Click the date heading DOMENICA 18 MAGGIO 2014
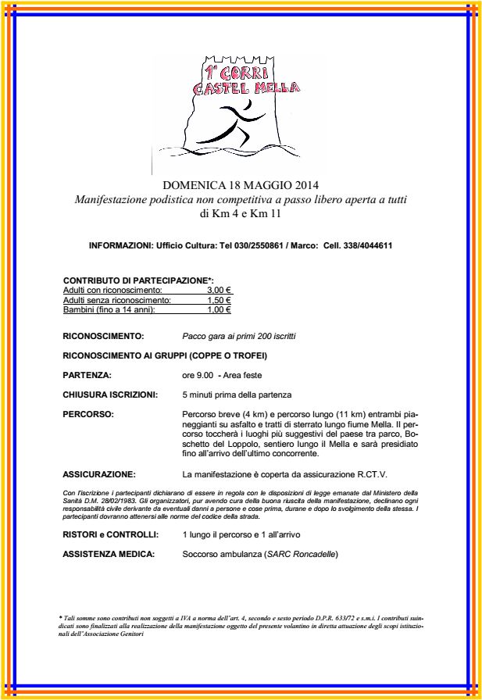click(x=241, y=185)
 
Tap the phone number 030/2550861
click(x=256, y=245)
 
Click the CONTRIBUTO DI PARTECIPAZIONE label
click(x=137, y=280)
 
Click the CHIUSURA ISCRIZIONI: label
click(x=110, y=395)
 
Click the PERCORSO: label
click(x=88, y=413)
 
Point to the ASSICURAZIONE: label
click(x=98, y=474)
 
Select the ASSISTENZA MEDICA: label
click(x=108, y=554)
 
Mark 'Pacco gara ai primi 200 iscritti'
click(x=238, y=336)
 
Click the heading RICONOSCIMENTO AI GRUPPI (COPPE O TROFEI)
click(x=164, y=355)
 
